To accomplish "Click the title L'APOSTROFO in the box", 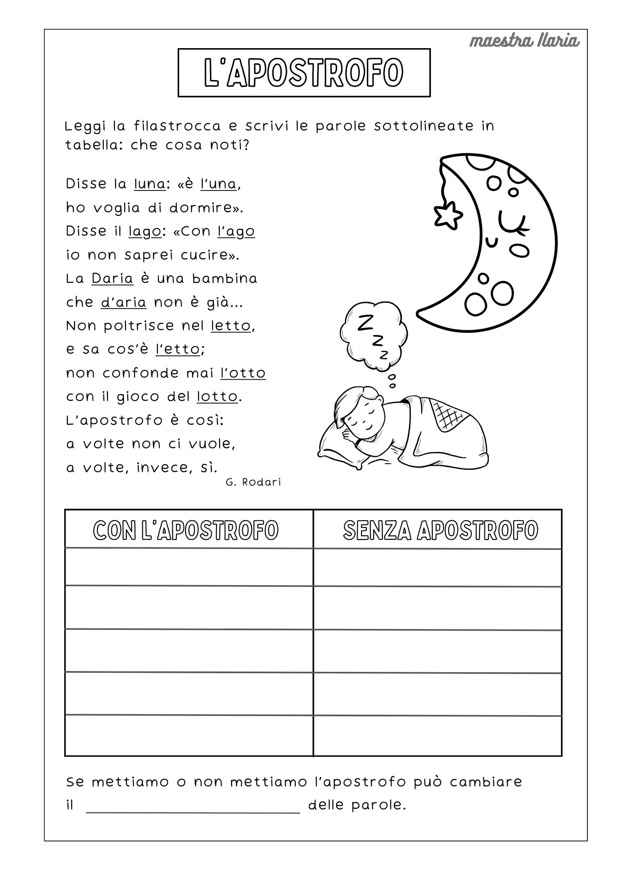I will [304, 72].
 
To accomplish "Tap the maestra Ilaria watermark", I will [524, 41].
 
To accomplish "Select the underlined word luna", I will [149, 184].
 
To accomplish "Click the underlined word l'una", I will [218, 184].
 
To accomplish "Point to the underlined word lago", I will [145, 232].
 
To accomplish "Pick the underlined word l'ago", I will [236, 232].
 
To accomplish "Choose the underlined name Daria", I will [112, 279].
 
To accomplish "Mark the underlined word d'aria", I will [123, 302].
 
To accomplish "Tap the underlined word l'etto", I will [178, 350].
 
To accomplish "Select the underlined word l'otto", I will [243, 373].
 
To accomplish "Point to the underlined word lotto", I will [217, 397].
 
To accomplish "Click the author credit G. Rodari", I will [253, 482].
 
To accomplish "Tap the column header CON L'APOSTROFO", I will [186, 530].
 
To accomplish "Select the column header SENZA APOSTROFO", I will [440, 530].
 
